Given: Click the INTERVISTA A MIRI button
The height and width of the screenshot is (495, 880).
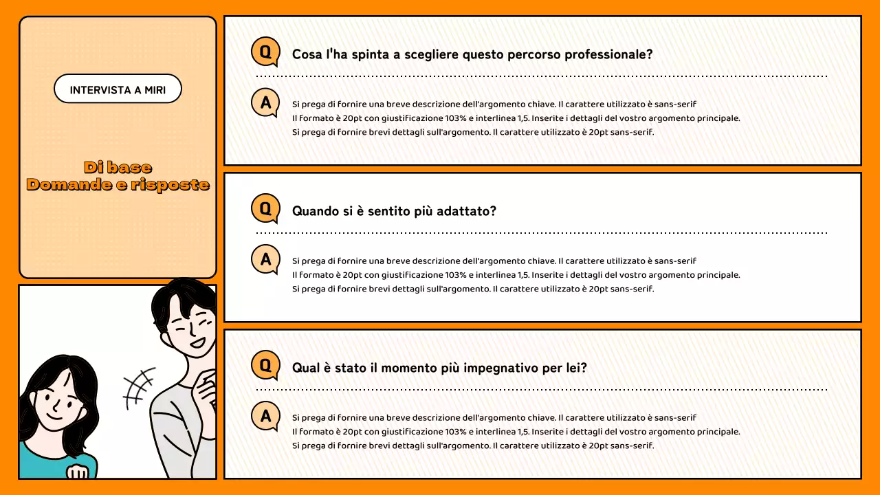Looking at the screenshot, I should pos(118,89).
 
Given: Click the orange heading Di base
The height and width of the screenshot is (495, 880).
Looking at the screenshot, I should pos(118,167).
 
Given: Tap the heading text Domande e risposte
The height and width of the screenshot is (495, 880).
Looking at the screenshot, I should pos(118,184).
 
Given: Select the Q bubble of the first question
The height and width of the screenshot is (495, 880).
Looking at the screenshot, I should pos(265,52).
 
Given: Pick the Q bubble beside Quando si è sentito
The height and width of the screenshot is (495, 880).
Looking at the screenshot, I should pos(265,209).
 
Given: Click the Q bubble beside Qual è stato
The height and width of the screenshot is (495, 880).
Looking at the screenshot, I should pos(265,365).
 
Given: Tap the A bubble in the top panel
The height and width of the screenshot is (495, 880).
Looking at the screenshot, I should pos(265,103).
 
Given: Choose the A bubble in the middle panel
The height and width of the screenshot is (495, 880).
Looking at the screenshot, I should pos(265,260).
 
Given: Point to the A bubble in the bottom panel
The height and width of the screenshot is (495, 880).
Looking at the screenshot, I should pos(265,416).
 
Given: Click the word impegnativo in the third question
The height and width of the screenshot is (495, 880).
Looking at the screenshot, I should pos(500,368).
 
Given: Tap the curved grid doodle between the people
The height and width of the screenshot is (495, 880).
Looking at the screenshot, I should pos(139,386).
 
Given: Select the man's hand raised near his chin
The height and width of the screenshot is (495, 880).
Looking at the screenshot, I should pos(206,392).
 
